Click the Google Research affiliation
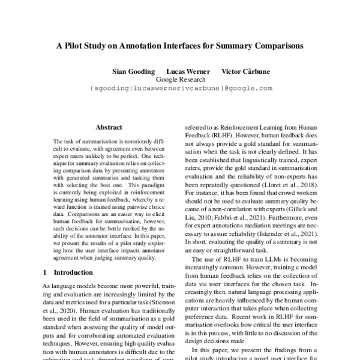pyautogui.click(x=181, y=79)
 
